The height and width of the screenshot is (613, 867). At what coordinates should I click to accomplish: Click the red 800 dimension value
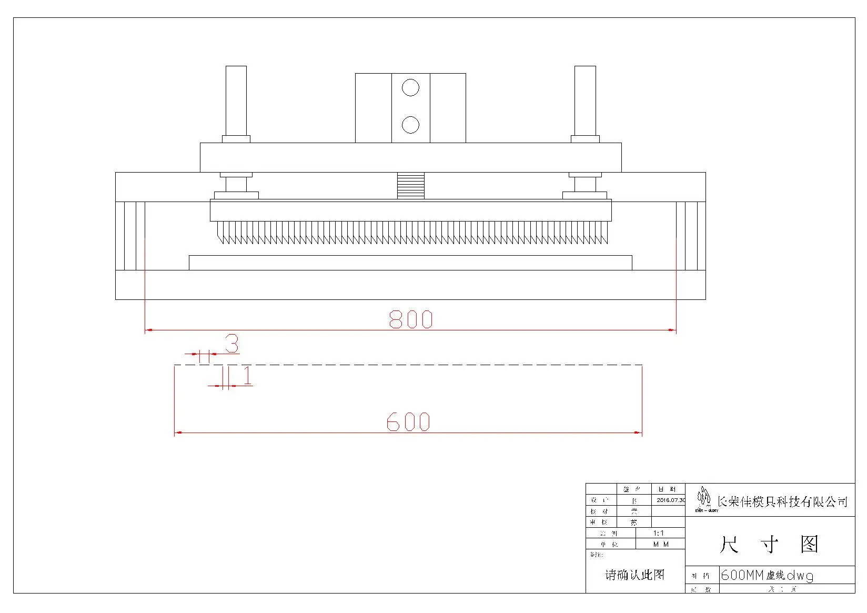(x=411, y=319)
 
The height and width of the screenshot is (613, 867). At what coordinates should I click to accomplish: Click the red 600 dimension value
(x=408, y=422)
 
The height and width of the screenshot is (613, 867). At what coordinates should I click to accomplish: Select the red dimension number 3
(x=232, y=344)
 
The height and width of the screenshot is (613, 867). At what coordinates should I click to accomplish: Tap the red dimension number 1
(x=247, y=376)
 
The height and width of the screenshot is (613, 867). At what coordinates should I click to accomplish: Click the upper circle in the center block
(x=410, y=88)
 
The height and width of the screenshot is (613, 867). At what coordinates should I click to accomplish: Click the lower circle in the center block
(x=410, y=125)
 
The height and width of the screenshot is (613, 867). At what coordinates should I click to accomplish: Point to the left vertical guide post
(x=236, y=101)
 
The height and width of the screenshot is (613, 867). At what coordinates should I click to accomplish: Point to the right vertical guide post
(x=585, y=101)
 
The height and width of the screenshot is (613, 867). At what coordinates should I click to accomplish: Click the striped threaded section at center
(x=411, y=185)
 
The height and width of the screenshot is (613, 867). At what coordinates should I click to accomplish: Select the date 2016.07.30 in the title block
(x=670, y=500)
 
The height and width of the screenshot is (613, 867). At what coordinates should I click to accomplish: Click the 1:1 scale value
(x=659, y=534)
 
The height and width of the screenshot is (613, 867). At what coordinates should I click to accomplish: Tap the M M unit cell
(x=661, y=545)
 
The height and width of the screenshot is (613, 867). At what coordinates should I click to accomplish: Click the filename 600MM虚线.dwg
(x=767, y=576)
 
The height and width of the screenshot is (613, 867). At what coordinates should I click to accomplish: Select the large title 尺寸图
(x=769, y=545)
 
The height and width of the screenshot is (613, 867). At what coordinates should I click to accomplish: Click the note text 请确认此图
(x=635, y=575)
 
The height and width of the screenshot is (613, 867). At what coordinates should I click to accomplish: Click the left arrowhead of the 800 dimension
(x=149, y=330)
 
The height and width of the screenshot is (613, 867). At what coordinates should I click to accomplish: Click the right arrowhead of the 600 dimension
(x=639, y=433)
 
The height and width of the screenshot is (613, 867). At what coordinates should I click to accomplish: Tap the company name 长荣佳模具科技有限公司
(x=782, y=502)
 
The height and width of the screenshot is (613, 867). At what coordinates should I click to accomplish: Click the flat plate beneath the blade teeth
(x=410, y=263)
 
